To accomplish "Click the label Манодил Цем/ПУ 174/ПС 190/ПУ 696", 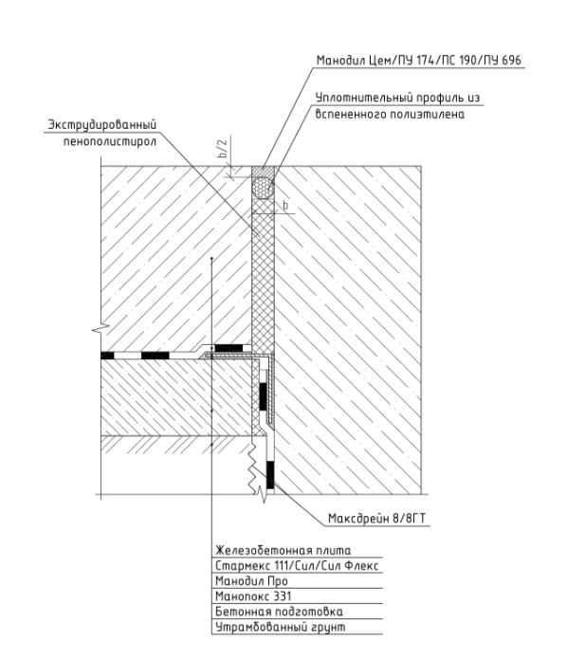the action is (x=419, y=61).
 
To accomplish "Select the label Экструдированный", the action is (x=101, y=125).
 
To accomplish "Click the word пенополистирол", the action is (x=110, y=141).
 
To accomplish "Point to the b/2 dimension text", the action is (x=223, y=148).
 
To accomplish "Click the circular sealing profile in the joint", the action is (x=264, y=188).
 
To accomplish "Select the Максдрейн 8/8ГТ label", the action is (x=376, y=519).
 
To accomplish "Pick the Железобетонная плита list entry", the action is (x=283, y=550).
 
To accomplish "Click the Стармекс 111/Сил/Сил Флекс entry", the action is (x=297, y=565).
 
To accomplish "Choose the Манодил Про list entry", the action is (x=251, y=581).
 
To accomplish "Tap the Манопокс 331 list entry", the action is (x=253, y=596).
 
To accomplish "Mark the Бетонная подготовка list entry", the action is (x=279, y=612).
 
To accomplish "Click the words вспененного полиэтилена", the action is (x=390, y=115).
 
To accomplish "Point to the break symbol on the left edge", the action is (x=101, y=329).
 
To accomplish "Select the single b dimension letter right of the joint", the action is (x=285, y=206).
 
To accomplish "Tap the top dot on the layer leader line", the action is (x=211, y=258).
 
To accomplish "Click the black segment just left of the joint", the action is (x=229, y=348).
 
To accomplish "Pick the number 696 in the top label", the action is (x=511, y=61).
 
